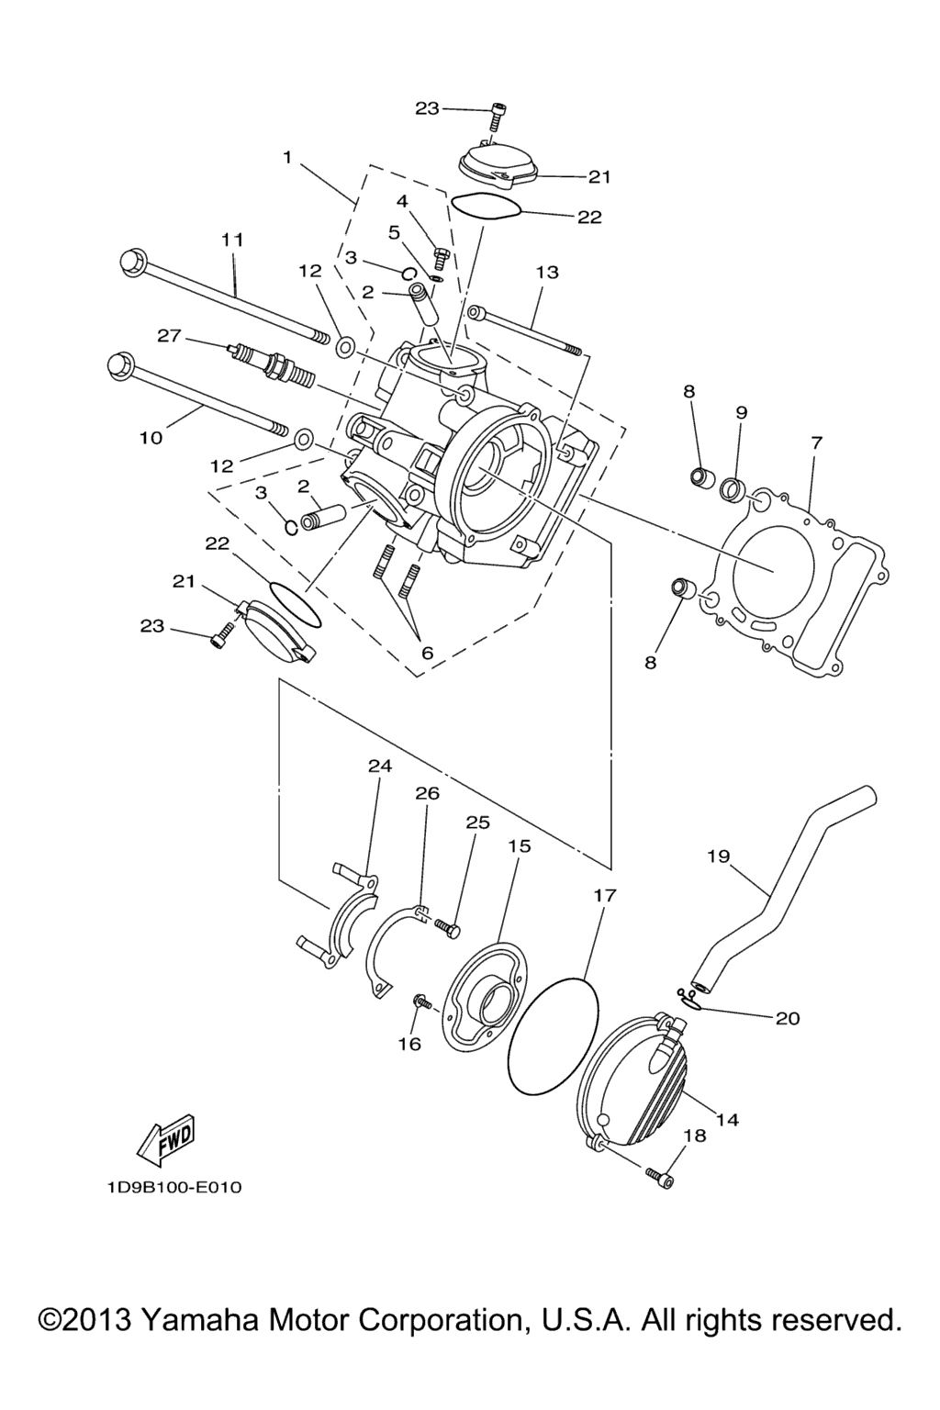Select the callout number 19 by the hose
718,856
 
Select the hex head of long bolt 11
132,260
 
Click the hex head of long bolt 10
118,366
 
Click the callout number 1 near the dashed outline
287,157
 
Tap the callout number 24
380,766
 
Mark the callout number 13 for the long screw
547,272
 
